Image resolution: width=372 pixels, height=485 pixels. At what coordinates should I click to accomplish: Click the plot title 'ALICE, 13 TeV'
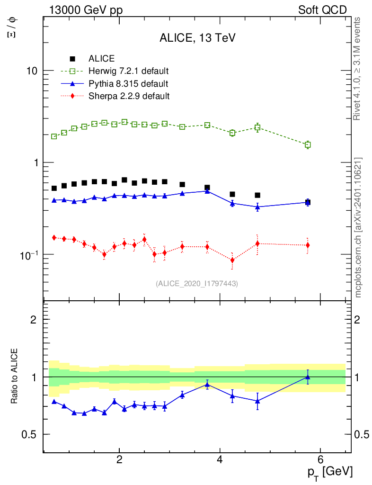(197, 38)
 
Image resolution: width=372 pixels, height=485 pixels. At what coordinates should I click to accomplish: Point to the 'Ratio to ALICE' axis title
(15, 377)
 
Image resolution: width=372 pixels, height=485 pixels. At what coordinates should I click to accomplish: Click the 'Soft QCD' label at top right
(322, 10)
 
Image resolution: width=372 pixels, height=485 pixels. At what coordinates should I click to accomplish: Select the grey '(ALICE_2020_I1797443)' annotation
(197, 283)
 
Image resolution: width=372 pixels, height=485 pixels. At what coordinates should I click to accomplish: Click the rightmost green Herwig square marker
(308, 145)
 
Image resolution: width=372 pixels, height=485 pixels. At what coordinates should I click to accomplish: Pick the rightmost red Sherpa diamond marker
(308, 245)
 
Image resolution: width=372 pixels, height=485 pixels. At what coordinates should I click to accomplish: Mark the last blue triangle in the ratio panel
(308, 377)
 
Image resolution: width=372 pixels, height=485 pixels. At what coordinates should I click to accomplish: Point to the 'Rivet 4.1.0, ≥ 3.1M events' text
(358, 69)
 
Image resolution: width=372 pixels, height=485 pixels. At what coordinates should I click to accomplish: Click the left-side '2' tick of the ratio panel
(34, 319)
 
